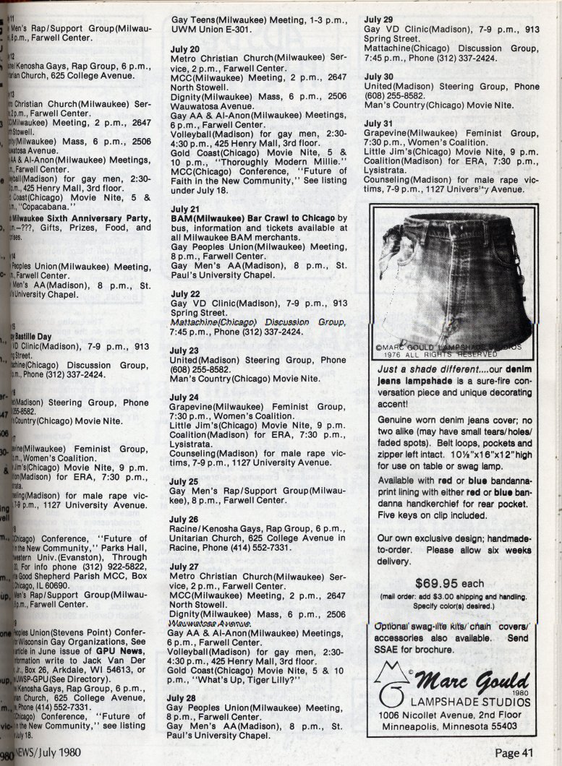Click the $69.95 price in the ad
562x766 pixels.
click(440, 584)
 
